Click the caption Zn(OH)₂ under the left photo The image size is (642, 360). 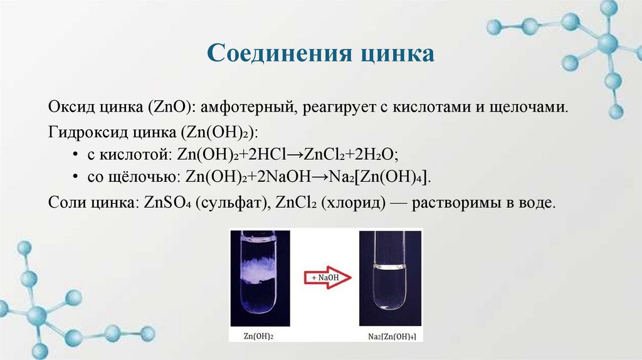(x=260, y=336)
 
